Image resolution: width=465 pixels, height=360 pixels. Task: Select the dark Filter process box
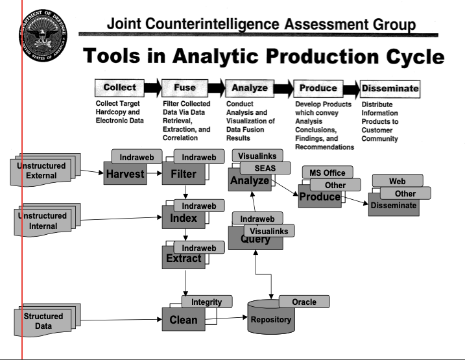pos(183,174)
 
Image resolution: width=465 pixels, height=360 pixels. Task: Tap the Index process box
pos(183,219)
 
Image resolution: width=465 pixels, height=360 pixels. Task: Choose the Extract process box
pos(183,259)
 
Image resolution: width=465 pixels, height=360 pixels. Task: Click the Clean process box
pos(183,319)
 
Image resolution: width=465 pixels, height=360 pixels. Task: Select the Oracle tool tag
pos(304,302)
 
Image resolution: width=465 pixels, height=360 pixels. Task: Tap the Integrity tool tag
pos(206,302)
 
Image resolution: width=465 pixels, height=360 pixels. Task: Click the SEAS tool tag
pos(265,168)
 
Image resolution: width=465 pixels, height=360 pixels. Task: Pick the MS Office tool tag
pos(326,173)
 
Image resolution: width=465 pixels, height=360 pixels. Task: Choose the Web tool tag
pos(397,182)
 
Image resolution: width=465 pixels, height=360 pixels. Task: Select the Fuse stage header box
pos(185,88)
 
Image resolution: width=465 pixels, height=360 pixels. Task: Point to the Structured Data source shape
pos(43,320)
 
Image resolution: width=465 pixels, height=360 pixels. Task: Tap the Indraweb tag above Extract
pos(199,248)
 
